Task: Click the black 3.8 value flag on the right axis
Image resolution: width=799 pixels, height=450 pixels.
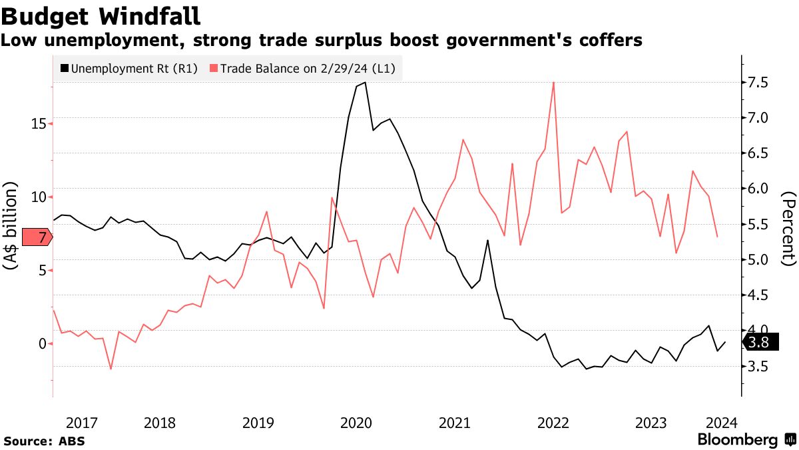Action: pyautogui.click(x=760, y=343)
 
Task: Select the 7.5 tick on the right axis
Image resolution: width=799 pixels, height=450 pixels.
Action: pyautogui.click(x=759, y=83)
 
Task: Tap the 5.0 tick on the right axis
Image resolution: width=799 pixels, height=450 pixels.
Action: pyautogui.click(x=759, y=259)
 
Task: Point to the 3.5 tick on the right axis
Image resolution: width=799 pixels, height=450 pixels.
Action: pyautogui.click(x=759, y=366)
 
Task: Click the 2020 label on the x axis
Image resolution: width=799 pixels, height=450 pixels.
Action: pyautogui.click(x=356, y=423)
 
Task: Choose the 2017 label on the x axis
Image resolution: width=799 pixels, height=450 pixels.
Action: pyautogui.click(x=82, y=423)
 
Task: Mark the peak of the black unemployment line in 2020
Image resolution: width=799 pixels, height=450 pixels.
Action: pyautogui.click(x=364, y=83)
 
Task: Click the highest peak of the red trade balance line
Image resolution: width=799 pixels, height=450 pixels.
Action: pyautogui.click(x=553, y=82)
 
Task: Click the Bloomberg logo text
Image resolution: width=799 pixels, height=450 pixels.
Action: pyautogui.click(x=737, y=440)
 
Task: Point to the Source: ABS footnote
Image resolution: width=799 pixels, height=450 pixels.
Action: pyautogui.click(x=45, y=441)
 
